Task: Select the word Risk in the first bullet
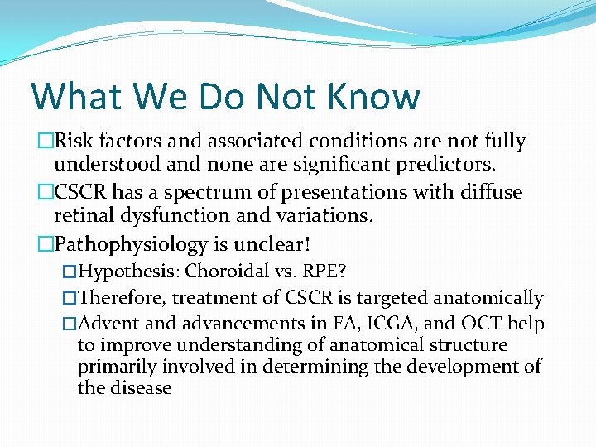77,142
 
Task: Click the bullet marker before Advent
70,324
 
